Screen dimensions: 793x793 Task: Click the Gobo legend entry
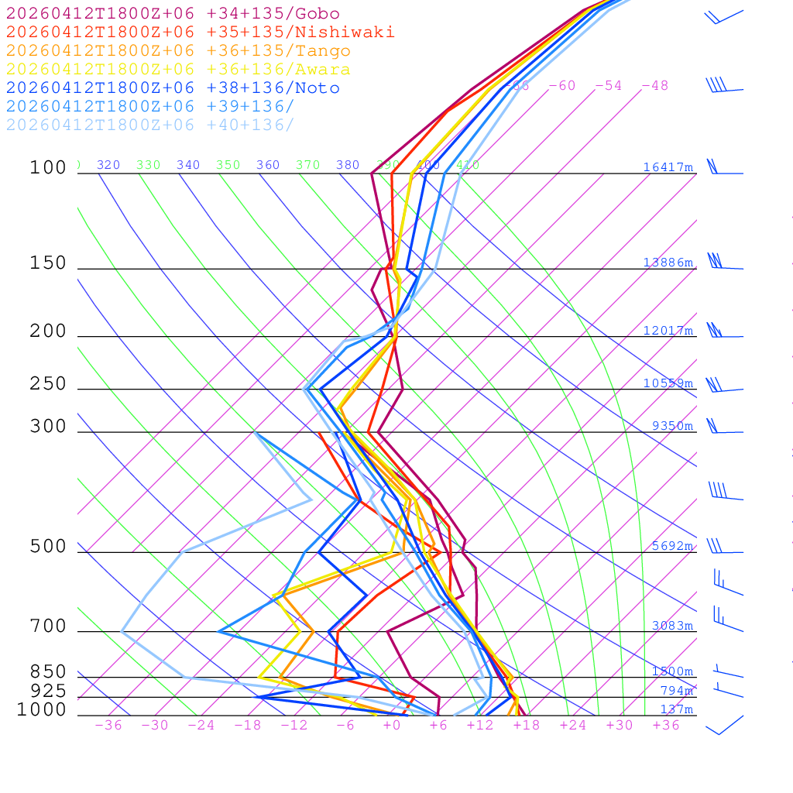[x=173, y=13]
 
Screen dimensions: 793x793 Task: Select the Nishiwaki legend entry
[x=200, y=32]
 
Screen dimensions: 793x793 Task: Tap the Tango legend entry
[x=178, y=51]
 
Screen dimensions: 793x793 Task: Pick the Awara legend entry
[x=178, y=70]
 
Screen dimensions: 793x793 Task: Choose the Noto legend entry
[x=173, y=88]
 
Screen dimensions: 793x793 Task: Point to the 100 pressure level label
[x=48, y=167]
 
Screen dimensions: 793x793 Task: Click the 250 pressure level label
[x=48, y=384]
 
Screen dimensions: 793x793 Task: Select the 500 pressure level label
[x=48, y=547]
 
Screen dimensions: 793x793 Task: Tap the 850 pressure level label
[x=48, y=672]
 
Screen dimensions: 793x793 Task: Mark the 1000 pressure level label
[x=42, y=709]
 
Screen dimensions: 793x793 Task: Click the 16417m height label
[x=668, y=167]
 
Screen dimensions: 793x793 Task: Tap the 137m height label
[x=676, y=709]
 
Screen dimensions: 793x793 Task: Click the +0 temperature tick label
[x=392, y=726]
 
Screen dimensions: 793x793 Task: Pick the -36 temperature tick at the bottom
[x=108, y=726]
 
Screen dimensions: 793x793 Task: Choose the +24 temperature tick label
[x=573, y=726]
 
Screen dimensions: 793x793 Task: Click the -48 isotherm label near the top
[x=654, y=86]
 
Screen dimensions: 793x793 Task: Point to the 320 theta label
[x=108, y=165]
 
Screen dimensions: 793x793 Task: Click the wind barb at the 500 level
[x=723, y=547]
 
